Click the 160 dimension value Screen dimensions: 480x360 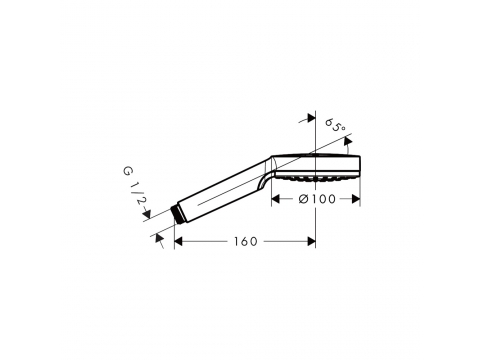coord(246,241)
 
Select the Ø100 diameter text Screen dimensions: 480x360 coord(317,199)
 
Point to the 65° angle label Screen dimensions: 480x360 coord(335,126)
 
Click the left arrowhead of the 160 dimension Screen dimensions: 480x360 coord(178,241)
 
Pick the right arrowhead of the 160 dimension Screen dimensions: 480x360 coord(311,241)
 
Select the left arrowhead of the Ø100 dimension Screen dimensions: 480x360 coord(275,199)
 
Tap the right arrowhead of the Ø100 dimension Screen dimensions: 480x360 coord(356,199)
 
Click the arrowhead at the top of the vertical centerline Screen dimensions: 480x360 coord(311,118)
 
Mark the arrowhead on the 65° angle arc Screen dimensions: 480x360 coord(348,142)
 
